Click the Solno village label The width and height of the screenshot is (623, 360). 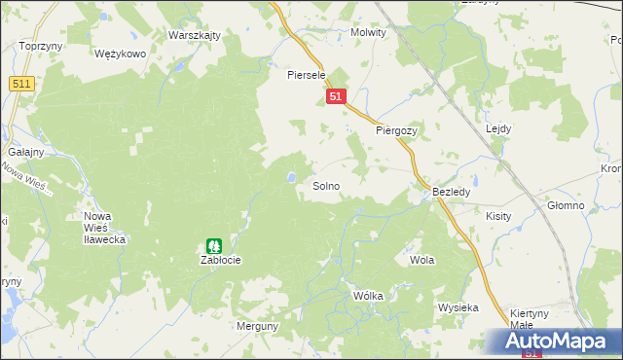[x=326, y=185]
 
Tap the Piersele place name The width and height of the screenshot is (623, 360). [x=305, y=74]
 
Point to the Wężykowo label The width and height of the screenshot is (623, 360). [x=120, y=54]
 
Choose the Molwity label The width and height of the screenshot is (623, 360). [x=368, y=32]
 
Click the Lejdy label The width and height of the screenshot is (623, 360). [x=497, y=128]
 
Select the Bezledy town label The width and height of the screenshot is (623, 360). [x=452, y=193]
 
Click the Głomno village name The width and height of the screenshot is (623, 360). [x=565, y=205]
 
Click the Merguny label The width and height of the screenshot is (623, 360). [x=257, y=327]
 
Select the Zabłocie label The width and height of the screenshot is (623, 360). [x=220, y=261]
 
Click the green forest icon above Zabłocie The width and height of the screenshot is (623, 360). [x=214, y=246]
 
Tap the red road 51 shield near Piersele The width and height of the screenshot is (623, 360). [x=336, y=97]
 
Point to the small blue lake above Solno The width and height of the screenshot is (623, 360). [x=291, y=177]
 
